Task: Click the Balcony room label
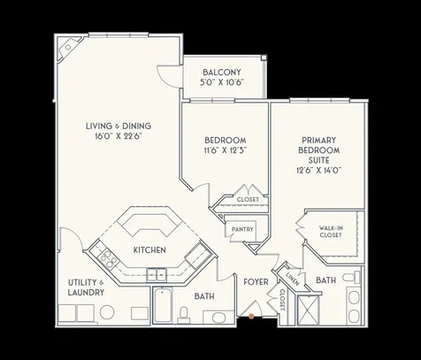[222, 72]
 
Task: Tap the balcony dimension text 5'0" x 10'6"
[222, 82]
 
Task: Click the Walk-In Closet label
[332, 232]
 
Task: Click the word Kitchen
[150, 250]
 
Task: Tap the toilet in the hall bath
[185, 314]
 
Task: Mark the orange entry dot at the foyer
[252, 314]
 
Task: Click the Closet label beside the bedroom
[247, 200]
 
